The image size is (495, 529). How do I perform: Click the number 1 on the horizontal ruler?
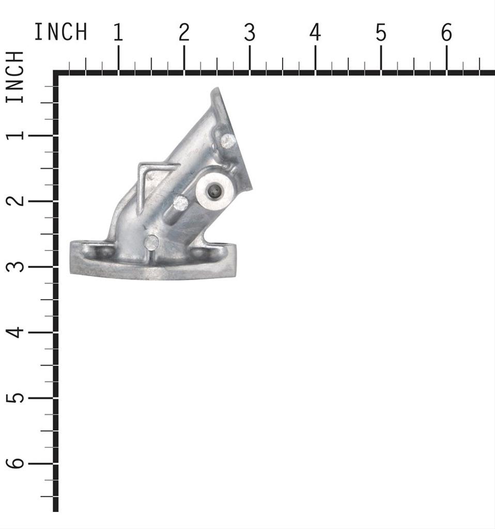coord(118,33)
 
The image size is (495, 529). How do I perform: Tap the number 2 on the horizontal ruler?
coord(184,33)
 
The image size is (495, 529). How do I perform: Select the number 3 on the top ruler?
coord(250,33)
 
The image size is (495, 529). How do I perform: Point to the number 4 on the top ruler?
coord(315,33)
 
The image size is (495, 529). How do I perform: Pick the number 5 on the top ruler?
coord(381,33)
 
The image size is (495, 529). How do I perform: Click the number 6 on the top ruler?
coord(446,33)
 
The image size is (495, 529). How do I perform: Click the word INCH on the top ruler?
coord(61,32)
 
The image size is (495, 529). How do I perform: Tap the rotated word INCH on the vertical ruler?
coord(15,76)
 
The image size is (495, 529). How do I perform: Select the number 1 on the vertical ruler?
coord(16,135)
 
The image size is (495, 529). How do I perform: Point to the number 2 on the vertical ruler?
coord(16,201)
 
